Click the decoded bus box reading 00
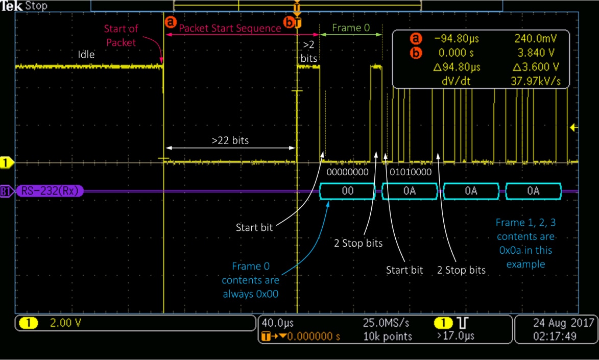(347, 191)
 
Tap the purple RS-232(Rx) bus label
(50, 190)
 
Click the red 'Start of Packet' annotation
(121, 36)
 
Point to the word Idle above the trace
(86, 54)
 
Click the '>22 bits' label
(230, 140)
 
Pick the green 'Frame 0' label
(351, 28)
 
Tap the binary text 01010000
(410, 172)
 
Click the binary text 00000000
(348, 172)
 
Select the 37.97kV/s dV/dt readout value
(536, 81)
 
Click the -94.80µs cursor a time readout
(457, 39)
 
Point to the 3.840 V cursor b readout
(536, 53)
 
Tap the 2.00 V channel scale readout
(65, 323)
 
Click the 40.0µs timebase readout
(278, 323)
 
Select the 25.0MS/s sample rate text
(386, 323)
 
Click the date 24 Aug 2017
(563, 323)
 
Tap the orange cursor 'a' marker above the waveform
(171, 22)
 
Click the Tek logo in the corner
(12, 6)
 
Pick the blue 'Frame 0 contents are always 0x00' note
(251, 280)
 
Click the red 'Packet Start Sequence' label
(230, 28)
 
